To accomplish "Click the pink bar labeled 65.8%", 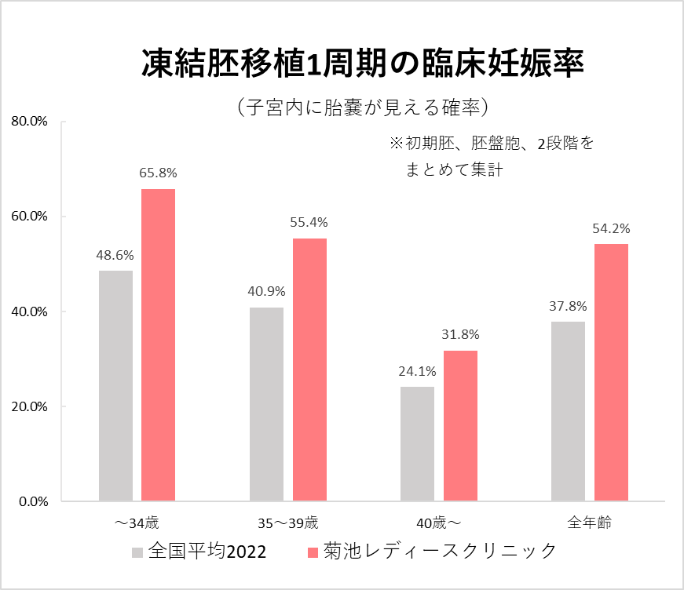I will pyautogui.click(x=158, y=345).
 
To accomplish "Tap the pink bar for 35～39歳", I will pyautogui.click(x=309, y=370).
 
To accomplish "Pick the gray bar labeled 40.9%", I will pyautogui.click(x=266, y=404).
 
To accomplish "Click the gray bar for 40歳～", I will pyautogui.click(x=417, y=444).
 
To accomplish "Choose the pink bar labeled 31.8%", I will pyautogui.click(x=460, y=425).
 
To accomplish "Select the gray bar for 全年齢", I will pyautogui.click(x=568, y=411).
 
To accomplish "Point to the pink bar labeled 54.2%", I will pyautogui.click(x=611, y=373).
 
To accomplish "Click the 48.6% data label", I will pyautogui.click(x=115, y=255).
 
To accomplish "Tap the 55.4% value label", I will pyautogui.click(x=309, y=223).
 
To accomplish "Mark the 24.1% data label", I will pyautogui.click(x=417, y=371).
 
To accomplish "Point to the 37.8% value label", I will pyautogui.click(x=568, y=306).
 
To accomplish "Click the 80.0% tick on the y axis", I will pyautogui.click(x=30, y=122).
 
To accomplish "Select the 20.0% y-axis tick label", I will pyautogui.click(x=30, y=406).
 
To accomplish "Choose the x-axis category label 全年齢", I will pyautogui.click(x=589, y=522).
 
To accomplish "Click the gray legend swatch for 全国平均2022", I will pyautogui.click(x=137, y=552).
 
